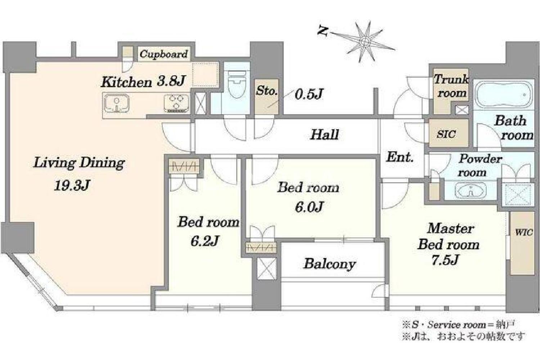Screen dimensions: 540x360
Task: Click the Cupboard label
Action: coord(163,54)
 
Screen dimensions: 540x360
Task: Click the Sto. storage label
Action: coord(266,91)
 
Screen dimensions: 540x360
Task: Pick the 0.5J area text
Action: coord(309,94)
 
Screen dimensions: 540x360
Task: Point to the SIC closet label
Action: coord(446,134)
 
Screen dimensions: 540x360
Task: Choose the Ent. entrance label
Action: coord(400,158)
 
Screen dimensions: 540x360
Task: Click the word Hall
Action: coord(325,135)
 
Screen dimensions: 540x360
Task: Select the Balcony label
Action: coord(329,264)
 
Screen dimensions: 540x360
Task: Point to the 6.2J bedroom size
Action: coord(205,240)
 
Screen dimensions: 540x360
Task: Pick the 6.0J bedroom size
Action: coord(309,206)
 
